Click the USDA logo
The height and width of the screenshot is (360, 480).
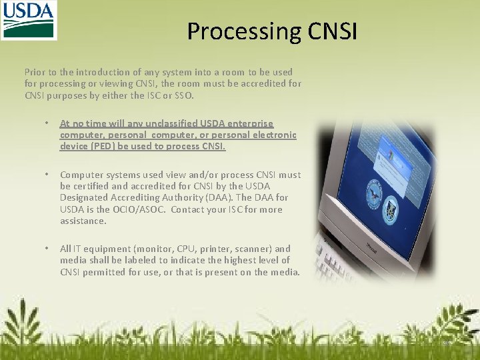(x=29, y=20)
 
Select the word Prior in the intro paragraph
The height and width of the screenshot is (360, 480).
(x=35, y=72)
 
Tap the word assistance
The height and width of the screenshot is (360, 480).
(x=83, y=221)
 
